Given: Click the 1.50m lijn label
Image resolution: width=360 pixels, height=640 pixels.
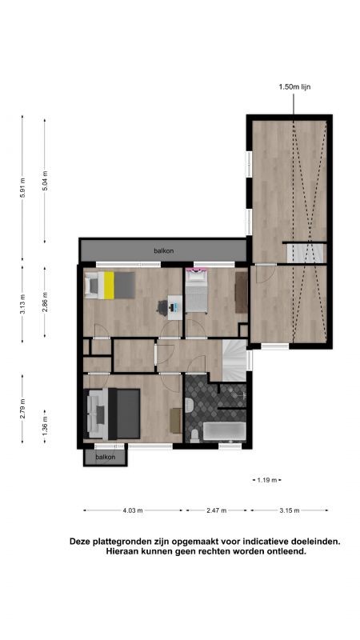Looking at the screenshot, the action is [292, 86].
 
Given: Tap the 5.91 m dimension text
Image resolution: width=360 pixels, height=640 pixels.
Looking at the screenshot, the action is [23, 188].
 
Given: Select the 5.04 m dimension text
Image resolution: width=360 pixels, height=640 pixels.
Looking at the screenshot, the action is [45, 181].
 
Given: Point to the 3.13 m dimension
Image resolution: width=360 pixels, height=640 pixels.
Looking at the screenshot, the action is [23, 304].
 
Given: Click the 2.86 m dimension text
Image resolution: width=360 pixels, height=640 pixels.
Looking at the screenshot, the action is [45, 302].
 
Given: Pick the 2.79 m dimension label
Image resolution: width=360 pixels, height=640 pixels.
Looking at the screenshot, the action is [23, 409].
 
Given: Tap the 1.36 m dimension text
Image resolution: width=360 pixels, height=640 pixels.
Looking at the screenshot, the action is [45, 426].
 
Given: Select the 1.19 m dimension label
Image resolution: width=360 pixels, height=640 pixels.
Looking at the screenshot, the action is [267, 480].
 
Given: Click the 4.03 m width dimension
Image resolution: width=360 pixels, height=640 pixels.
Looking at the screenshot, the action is [133, 510].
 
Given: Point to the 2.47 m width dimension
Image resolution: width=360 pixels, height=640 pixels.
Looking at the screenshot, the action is [216, 510].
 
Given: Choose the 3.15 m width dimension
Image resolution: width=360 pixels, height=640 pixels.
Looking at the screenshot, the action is [290, 510].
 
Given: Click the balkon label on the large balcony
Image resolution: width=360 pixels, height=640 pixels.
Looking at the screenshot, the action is [163, 250].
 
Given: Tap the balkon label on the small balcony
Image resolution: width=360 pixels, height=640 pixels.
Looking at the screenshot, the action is [106, 457].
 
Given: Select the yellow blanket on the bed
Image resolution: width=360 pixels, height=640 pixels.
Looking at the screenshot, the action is [109, 286].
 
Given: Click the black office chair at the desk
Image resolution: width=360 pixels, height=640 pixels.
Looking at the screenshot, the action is [163, 307].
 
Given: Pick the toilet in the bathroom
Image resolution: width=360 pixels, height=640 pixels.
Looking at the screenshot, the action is [194, 435].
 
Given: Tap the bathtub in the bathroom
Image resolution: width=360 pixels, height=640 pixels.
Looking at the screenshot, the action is [225, 431].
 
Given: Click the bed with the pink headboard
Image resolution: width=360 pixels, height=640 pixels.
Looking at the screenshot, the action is [197, 290].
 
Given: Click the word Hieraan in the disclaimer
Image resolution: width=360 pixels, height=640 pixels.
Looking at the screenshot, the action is [120, 551].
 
